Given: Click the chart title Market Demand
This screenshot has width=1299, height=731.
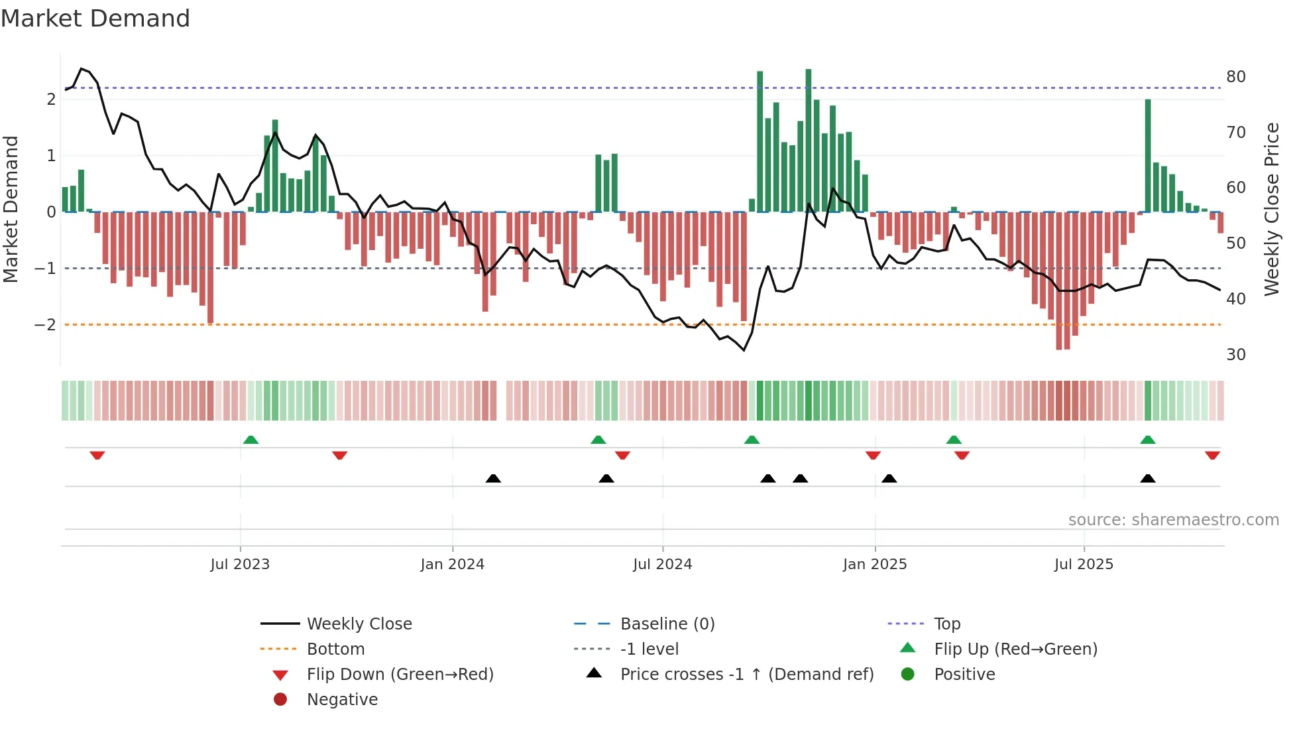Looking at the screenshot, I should click(95, 19).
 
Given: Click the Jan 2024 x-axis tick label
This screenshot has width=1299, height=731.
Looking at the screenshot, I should click(452, 565).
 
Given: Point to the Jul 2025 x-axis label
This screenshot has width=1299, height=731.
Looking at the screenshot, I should click(1084, 565).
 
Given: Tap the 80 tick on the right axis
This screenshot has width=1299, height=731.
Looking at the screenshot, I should click(1235, 77).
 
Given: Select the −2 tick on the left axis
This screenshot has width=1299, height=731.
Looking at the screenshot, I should click(45, 325).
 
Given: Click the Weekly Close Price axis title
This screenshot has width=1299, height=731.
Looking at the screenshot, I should click(1271, 209).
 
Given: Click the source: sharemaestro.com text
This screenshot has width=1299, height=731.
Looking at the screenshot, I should click(1173, 520).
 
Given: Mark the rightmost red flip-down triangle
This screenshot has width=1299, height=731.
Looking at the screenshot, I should click(1212, 456).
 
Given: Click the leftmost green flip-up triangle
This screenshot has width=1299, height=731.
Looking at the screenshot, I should click(251, 440).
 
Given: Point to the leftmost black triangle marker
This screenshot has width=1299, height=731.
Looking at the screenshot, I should click(493, 478).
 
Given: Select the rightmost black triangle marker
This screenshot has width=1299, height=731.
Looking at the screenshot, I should click(1148, 478).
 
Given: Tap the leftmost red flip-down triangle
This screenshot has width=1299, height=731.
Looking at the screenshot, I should click(97, 456).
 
